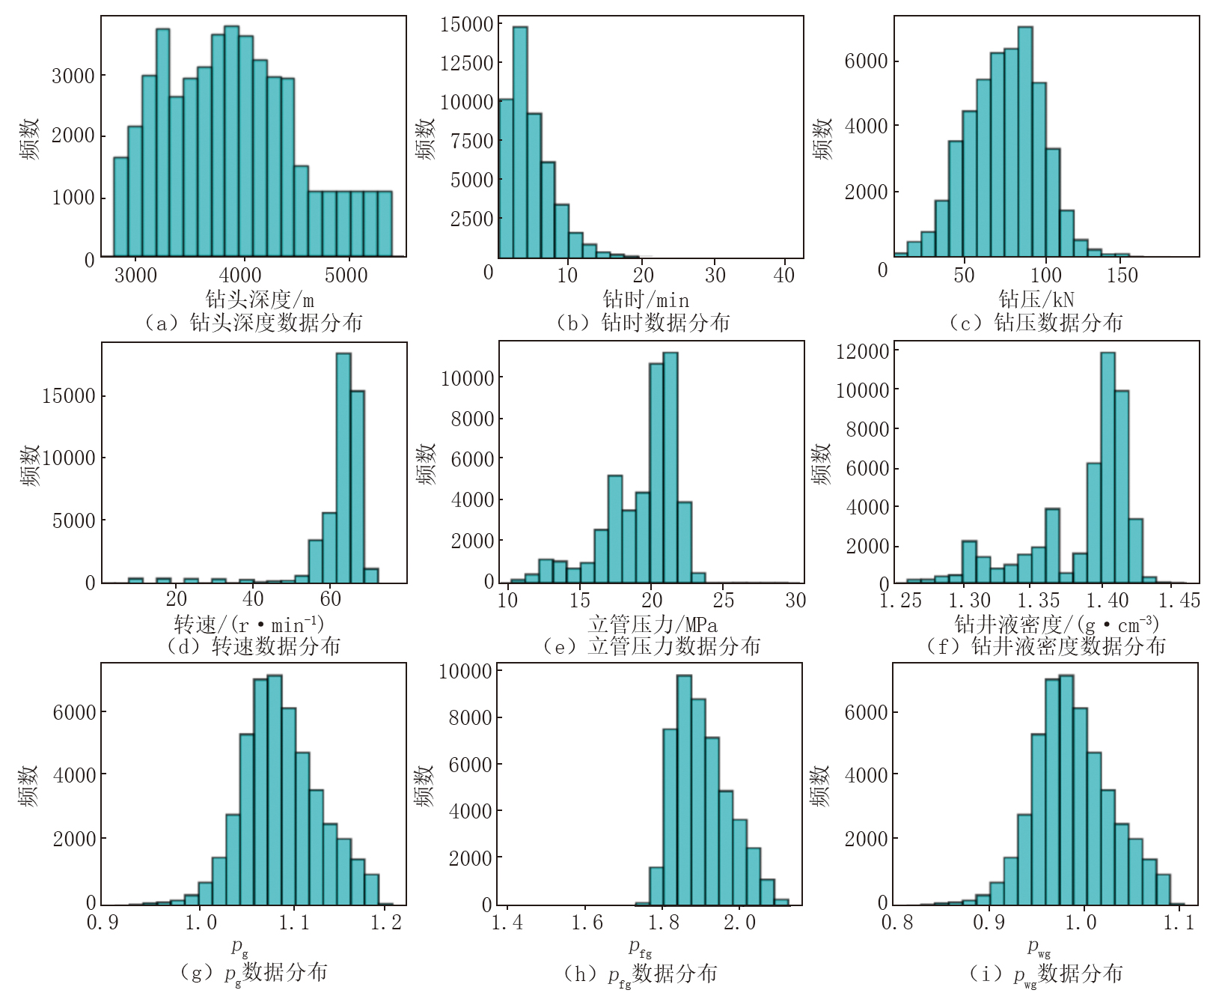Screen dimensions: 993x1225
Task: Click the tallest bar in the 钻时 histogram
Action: [519, 142]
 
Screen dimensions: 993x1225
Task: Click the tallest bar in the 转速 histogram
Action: [343, 468]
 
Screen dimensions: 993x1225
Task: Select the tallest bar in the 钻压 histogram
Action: [1025, 142]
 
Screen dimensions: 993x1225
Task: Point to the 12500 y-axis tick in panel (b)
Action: [467, 63]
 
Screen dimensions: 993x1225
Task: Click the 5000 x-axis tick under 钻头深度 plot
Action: [346, 275]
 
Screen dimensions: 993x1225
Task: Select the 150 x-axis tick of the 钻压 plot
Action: [1122, 275]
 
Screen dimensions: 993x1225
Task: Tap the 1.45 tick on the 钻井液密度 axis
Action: [1179, 601]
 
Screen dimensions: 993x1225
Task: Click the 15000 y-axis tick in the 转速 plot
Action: [69, 396]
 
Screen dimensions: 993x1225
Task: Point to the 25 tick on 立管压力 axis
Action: [724, 601]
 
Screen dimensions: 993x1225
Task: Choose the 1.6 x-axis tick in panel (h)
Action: [587, 923]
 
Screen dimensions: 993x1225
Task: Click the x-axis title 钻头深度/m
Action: [260, 300]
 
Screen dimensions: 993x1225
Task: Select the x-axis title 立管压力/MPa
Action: [652, 625]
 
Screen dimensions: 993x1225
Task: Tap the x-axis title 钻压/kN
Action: [1036, 300]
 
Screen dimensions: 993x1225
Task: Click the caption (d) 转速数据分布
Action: [254, 646]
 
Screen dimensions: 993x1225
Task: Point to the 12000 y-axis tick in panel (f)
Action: [863, 351]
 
